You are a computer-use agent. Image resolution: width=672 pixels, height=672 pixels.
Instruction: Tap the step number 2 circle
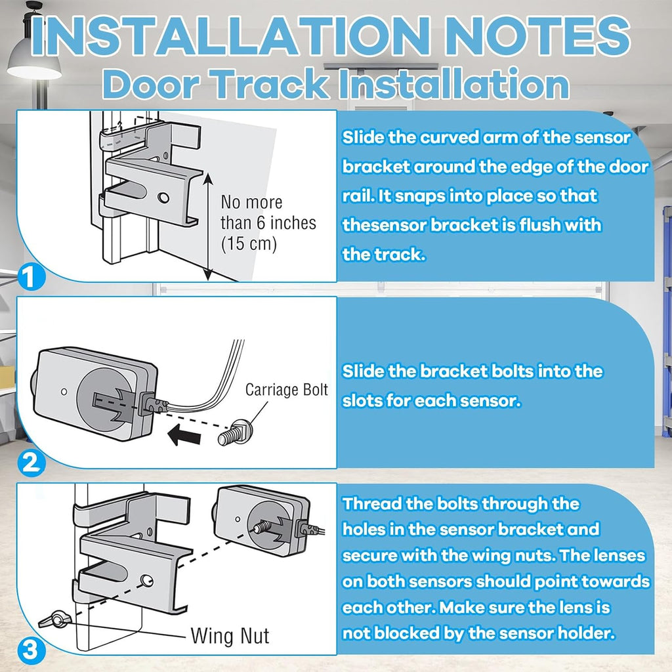pyautogui.click(x=31, y=463)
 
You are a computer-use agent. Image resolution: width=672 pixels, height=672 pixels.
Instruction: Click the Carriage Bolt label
pyautogui.click(x=286, y=390)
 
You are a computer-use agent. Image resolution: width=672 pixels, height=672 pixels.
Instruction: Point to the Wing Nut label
pyautogui.click(x=230, y=635)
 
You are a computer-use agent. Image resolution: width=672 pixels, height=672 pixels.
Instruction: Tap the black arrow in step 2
pyautogui.click(x=184, y=436)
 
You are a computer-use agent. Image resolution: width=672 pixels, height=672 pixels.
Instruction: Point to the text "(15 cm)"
pyautogui.click(x=249, y=243)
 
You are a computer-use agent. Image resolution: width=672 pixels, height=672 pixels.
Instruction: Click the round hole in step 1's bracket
pyautogui.click(x=163, y=198)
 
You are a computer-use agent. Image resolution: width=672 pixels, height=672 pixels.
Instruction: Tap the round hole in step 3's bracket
pyautogui.click(x=147, y=581)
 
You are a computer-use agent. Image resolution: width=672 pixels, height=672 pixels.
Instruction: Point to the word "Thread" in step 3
pyautogui.click(x=371, y=503)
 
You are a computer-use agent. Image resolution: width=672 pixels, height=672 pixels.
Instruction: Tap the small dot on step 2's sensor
pyautogui.click(x=64, y=391)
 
